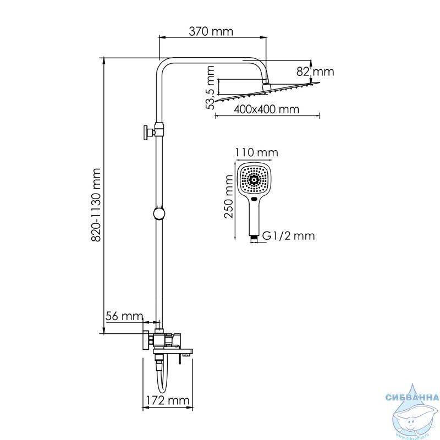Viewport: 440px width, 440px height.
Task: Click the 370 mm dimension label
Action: point(211,31)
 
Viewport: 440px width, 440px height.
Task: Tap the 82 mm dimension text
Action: point(315,72)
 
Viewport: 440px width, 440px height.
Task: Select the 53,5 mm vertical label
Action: point(210,87)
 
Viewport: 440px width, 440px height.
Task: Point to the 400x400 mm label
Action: point(266,109)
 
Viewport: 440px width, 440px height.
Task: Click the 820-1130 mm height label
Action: point(96,205)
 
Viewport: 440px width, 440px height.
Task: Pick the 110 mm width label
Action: point(256,153)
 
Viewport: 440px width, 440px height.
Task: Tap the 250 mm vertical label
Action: point(228,196)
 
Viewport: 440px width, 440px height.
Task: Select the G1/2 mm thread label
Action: point(288,236)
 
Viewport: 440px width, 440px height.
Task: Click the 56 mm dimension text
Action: point(124,316)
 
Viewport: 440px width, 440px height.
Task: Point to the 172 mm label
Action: point(168,400)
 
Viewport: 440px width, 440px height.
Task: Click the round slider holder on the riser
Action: point(159,214)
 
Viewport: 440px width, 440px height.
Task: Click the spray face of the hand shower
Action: point(254,179)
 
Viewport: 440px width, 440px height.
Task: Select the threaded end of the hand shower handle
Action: point(254,239)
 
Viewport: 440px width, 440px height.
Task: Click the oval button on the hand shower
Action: point(254,200)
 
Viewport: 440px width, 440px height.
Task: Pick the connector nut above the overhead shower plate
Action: point(266,86)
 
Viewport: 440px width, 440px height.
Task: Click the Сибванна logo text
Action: point(412,398)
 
